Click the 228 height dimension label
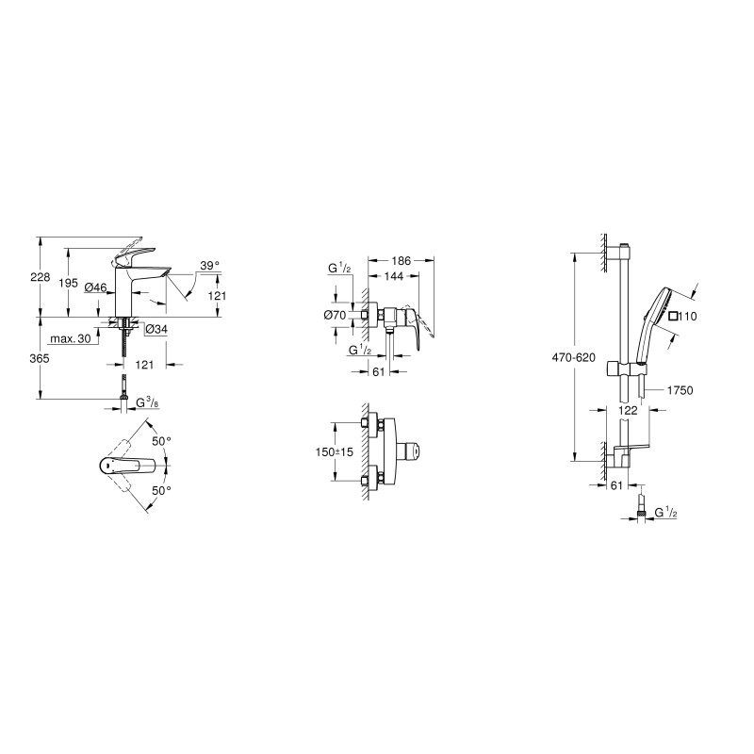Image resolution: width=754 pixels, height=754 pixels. click(41, 277)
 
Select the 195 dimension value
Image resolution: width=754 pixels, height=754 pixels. click(68, 284)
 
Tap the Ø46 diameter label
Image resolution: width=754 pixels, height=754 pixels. click(95, 287)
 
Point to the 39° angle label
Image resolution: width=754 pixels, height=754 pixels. click(209, 265)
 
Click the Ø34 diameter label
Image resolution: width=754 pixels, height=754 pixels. click(156, 329)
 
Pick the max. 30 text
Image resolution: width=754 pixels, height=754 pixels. click(71, 338)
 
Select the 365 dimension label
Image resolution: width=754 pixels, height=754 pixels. click(41, 358)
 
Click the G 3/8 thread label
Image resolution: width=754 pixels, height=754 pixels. click(148, 403)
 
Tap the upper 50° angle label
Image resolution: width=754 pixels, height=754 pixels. click(161, 440)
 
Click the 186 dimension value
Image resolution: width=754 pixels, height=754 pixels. click(402, 261)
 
